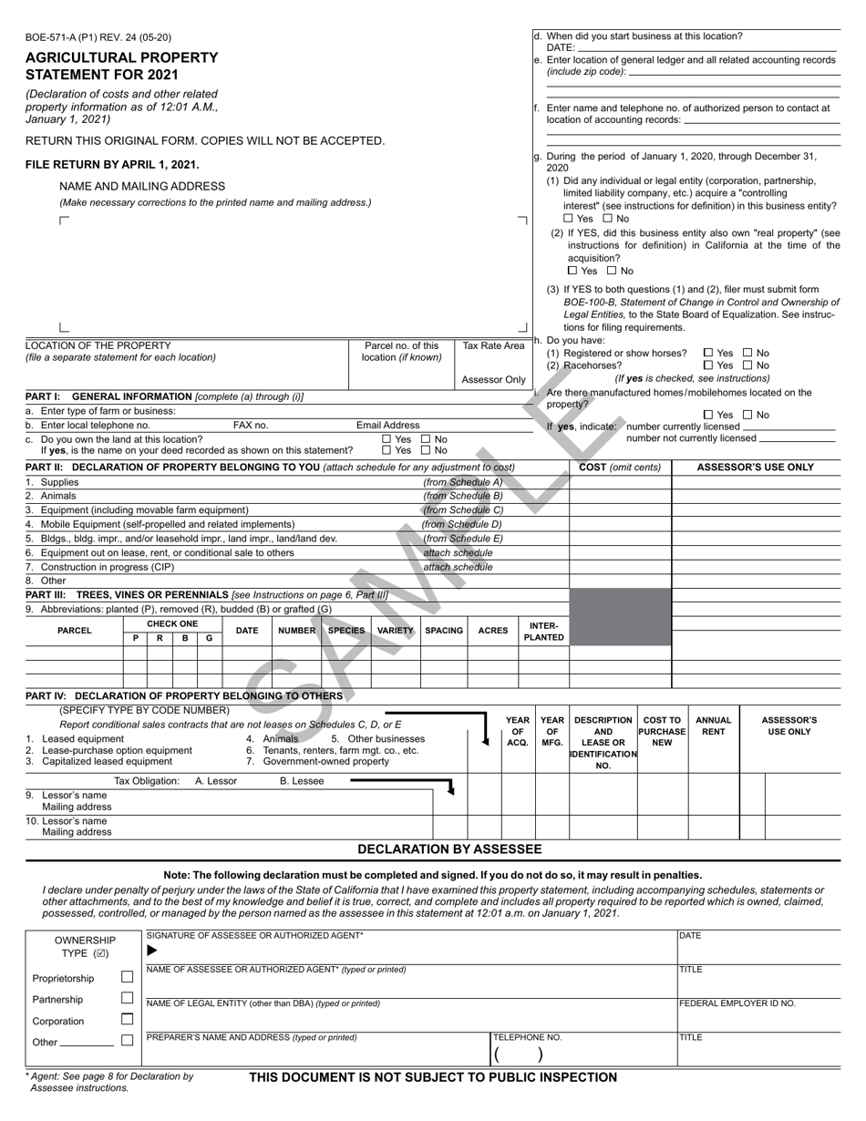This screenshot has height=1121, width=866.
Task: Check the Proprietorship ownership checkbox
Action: point(128,977)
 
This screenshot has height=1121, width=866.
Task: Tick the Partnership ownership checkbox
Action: point(128,998)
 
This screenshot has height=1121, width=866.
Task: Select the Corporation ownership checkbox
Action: point(128,1020)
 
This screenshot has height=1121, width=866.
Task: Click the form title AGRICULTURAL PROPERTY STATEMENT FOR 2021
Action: point(121,65)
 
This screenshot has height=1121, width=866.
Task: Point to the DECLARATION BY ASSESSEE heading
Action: point(449,849)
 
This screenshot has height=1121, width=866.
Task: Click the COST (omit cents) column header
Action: point(620,468)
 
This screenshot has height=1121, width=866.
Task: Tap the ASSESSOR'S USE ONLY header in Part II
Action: point(755,468)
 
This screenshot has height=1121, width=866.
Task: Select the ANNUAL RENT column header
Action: point(713,725)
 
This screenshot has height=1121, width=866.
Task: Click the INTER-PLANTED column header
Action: point(543,631)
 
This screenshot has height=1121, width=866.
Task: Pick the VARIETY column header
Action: point(396,631)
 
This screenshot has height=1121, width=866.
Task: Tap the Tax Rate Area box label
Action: point(493,346)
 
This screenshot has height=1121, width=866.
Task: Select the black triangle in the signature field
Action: point(152,950)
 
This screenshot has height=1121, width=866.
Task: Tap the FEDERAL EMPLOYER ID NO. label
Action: point(737,1003)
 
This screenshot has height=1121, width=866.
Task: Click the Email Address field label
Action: point(387,426)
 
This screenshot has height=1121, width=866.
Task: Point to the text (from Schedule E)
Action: point(462,539)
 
